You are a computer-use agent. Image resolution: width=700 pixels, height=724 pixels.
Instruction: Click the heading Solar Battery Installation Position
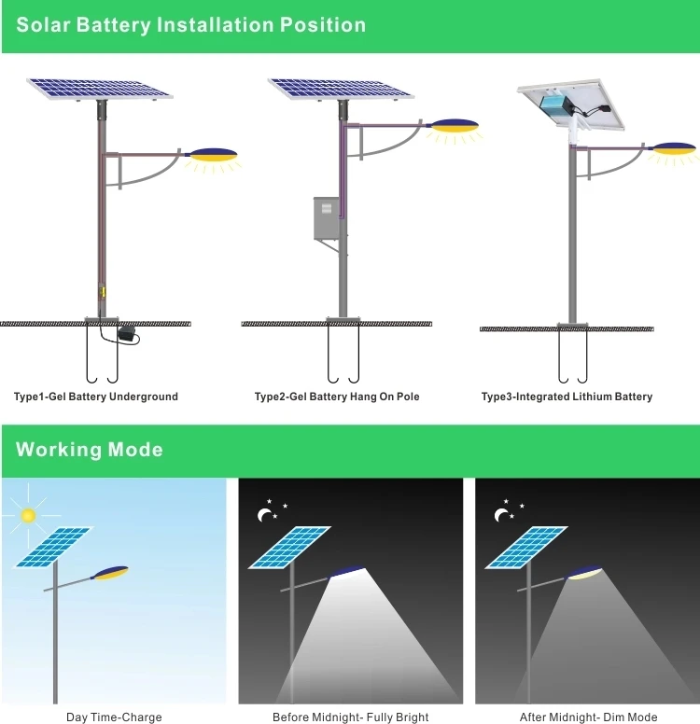click(x=190, y=25)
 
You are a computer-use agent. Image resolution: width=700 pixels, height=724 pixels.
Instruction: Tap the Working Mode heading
click(x=90, y=450)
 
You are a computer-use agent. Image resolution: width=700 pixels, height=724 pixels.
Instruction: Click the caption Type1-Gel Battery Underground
click(x=95, y=397)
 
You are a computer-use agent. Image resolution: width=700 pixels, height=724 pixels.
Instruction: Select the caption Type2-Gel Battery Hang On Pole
click(x=337, y=397)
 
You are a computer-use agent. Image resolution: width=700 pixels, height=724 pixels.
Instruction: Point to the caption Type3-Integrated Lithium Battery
click(x=567, y=397)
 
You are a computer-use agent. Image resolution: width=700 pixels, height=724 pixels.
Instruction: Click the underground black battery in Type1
click(x=127, y=333)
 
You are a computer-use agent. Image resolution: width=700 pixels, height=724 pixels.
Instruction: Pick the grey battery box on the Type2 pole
click(x=327, y=218)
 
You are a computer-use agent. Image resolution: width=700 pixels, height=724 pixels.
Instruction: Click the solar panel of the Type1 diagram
click(x=100, y=89)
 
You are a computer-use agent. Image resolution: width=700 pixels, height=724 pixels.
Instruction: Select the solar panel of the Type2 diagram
click(x=341, y=89)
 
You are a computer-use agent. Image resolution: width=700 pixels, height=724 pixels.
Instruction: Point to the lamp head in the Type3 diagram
click(x=674, y=147)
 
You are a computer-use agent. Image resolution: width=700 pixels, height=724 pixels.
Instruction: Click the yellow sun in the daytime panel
click(x=29, y=514)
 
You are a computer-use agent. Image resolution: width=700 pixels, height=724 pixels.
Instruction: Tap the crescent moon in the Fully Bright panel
click(x=264, y=514)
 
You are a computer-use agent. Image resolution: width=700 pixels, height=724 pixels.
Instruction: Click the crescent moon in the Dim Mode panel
click(x=501, y=514)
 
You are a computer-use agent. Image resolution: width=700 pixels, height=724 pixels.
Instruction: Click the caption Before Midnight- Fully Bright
click(x=350, y=717)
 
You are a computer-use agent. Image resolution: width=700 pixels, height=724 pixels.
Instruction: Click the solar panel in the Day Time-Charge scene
click(x=53, y=548)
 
